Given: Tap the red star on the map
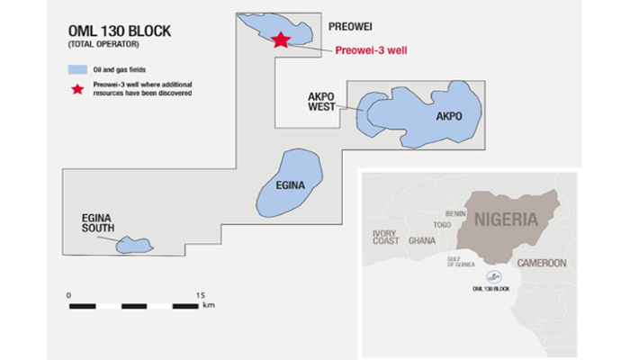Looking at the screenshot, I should click(282, 40).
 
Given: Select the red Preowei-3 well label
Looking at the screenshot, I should click(372, 51).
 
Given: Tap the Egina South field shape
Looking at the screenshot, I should click(133, 244).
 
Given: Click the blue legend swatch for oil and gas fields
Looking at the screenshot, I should click(77, 69).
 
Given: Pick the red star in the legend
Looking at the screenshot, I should click(77, 88).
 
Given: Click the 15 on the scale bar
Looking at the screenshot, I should click(201, 294).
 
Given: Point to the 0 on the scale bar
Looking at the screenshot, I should click(68, 294).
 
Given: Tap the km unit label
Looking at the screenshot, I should click(208, 306).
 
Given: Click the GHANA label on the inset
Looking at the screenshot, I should click(421, 241).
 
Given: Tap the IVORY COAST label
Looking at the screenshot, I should click(384, 237).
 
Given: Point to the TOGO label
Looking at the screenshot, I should click(442, 225).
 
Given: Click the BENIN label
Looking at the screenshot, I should click(455, 213).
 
